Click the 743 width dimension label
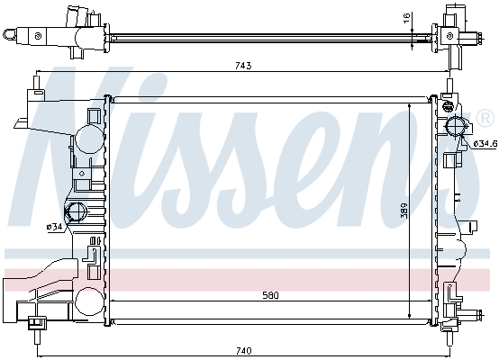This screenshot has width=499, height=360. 243,66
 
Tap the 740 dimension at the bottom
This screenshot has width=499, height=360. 243,351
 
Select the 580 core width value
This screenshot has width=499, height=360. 270,295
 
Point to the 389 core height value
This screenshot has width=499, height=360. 404,211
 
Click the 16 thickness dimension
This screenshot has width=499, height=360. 406,18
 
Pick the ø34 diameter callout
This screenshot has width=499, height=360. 54,227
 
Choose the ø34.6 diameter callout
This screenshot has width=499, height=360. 485,144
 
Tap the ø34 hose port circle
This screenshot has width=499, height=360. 76,211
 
